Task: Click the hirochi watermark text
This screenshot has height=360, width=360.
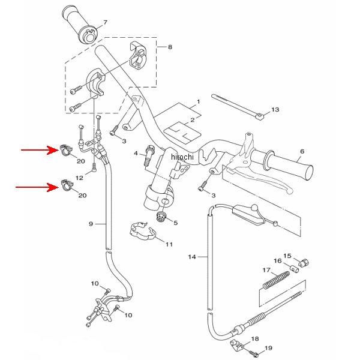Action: (182, 157)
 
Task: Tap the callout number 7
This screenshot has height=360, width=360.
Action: (105, 22)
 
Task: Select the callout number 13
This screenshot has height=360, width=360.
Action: (275, 110)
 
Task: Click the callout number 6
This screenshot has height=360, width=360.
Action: (302, 151)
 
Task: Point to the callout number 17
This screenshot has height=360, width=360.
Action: (266, 270)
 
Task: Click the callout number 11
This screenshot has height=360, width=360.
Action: (169, 244)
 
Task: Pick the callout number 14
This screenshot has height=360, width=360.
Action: (192, 257)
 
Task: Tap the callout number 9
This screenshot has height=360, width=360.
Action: (91, 224)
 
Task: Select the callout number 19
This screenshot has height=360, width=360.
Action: (268, 348)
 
